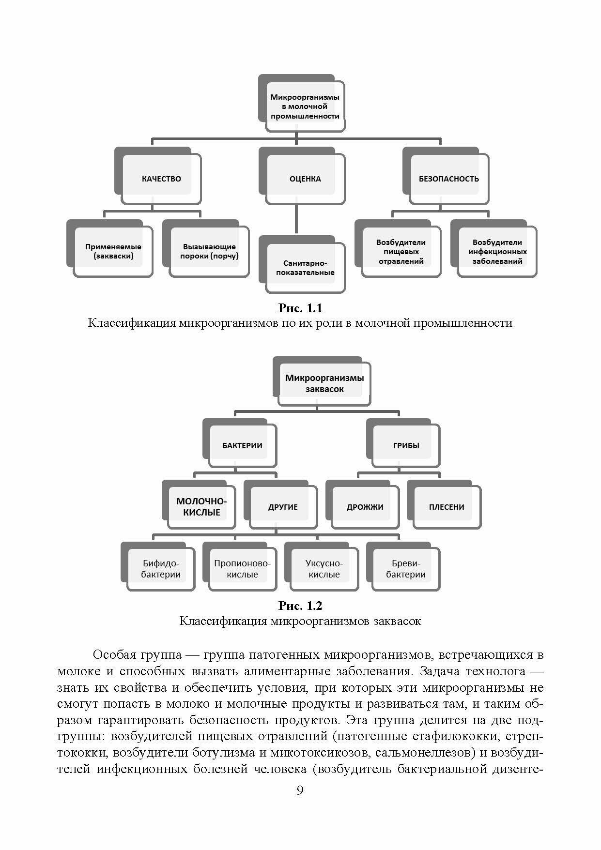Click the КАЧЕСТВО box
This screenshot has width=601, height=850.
(x=161, y=179)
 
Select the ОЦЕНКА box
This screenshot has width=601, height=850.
(x=305, y=179)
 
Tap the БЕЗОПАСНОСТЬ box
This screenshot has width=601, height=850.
(x=448, y=179)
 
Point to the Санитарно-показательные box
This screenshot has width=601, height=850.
(x=305, y=268)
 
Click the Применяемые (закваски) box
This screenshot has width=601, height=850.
(x=113, y=251)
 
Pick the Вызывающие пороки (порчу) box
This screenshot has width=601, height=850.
(x=209, y=251)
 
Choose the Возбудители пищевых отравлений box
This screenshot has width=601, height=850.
(x=401, y=252)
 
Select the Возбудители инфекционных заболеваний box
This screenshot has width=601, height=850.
(x=497, y=252)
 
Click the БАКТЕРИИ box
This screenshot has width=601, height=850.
(x=242, y=445)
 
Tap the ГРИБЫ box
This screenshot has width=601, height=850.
(x=406, y=445)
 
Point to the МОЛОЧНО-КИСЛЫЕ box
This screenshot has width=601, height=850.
(x=201, y=507)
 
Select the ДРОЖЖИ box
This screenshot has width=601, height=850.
(x=365, y=507)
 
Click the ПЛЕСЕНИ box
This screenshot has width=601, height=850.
(x=447, y=507)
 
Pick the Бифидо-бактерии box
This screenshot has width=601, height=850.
(x=161, y=569)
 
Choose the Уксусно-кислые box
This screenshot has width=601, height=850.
(x=324, y=569)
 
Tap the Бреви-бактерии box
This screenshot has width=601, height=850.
(x=406, y=569)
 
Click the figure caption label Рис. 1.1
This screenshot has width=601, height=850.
(x=300, y=308)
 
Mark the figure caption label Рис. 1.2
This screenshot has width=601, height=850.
(x=300, y=606)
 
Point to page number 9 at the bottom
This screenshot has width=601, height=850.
(x=300, y=790)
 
